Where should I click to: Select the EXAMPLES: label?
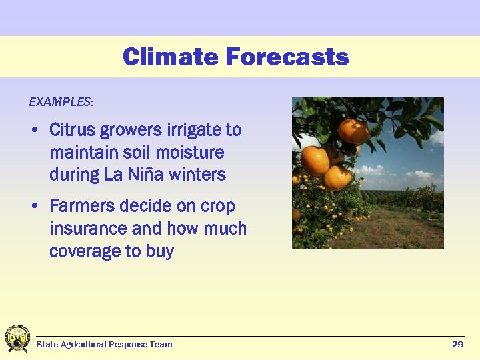point(61,102)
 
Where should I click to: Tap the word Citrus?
point(71,129)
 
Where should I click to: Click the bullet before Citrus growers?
point(35,130)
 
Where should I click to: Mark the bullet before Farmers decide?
point(35,207)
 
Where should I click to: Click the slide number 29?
point(457,344)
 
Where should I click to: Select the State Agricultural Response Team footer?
point(104,345)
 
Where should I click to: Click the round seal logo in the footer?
point(17,339)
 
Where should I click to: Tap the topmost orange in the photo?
point(353,131)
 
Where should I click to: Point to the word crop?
point(218,207)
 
